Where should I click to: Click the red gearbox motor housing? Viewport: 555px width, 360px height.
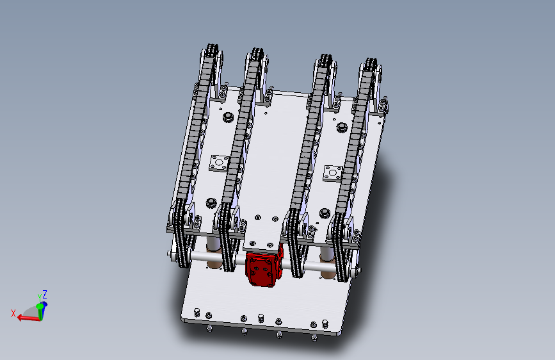(x=264, y=268)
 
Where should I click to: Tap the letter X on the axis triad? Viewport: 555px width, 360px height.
(x=13, y=313)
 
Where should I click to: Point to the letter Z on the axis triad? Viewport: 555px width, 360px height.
(x=45, y=295)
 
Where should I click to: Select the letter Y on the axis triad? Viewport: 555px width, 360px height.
(x=40, y=298)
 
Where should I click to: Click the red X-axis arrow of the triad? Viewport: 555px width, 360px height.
(x=28, y=318)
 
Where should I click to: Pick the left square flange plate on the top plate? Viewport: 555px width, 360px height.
(x=219, y=163)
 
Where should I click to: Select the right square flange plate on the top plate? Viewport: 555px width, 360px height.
(x=333, y=173)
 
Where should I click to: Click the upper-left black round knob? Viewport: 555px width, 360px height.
(x=229, y=117)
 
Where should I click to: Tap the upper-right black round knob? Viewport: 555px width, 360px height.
(x=342, y=127)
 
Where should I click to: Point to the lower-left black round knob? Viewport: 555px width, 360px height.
(x=211, y=203)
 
